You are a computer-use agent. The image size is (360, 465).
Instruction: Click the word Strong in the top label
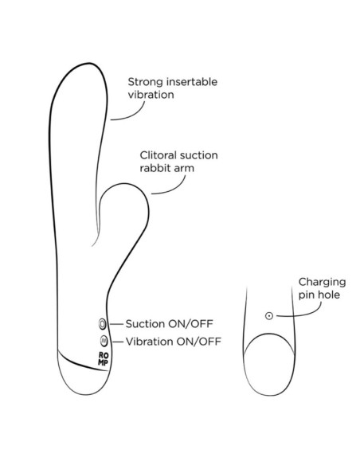click(x=145, y=82)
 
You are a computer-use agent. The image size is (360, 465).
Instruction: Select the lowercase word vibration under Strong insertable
click(x=151, y=95)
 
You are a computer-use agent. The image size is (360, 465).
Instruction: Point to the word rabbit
click(x=155, y=168)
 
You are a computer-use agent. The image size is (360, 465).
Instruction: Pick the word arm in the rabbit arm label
click(x=185, y=169)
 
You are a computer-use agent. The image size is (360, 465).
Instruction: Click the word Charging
click(x=322, y=283)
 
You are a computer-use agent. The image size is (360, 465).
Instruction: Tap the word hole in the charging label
click(x=329, y=295)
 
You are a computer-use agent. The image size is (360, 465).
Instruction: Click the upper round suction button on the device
click(x=102, y=324)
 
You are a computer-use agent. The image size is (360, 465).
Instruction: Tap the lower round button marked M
click(x=104, y=341)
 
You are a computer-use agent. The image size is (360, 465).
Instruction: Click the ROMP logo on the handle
click(x=104, y=359)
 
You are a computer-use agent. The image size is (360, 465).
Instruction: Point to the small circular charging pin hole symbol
click(x=269, y=316)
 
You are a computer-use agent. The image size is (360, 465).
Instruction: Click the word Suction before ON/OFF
click(x=145, y=324)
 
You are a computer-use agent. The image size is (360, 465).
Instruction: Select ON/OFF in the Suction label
click(x=190, y=324)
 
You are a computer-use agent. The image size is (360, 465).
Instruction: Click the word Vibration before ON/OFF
click(x=149, y=342)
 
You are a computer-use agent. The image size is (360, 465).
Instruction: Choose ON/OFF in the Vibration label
click(x=198, y=342)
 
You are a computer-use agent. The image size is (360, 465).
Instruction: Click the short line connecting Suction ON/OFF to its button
click(x=116, y=324)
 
